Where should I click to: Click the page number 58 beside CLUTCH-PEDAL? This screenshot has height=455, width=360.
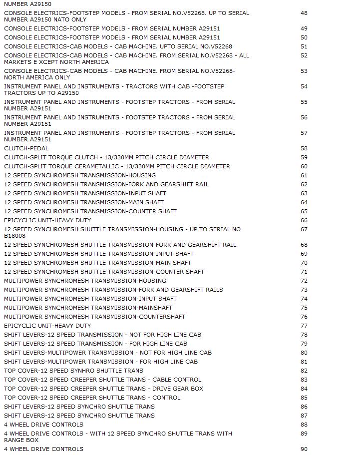pyautogui.click(x=304, y=148)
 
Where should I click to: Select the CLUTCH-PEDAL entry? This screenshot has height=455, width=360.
pyautogui.click(x=26, y=148)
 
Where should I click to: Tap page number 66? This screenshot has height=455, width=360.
pyautogui.click(x=304, y=220)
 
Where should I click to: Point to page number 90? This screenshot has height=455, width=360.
pyautogui.click(x=304, y=449)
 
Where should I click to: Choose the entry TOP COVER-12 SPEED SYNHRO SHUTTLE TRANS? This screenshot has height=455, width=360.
pyautogui.click(x=73, y=371)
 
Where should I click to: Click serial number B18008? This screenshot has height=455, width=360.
pyautogui.click(x=15, y=236)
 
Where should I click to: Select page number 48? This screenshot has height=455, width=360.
pyautogui.click(x=304, y=13)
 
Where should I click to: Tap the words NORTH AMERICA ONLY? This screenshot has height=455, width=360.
pyautogui.click(x=37, y=77)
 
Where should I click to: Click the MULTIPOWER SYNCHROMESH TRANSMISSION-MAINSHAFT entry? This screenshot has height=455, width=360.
pyautogui.click(x=88, y=308)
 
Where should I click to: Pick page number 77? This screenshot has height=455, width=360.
pyautogui.click(x=304, y=326)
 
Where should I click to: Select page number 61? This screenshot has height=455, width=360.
pyautogui.click(x=304, y=175)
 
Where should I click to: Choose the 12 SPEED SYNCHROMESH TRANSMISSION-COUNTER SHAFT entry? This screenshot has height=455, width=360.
pyautogui.click(x=90, y=211)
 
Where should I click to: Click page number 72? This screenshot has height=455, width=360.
pyautogui.click(x=304, y=281)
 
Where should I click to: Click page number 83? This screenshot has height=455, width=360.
pyautogui.click(x=304, y=380)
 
